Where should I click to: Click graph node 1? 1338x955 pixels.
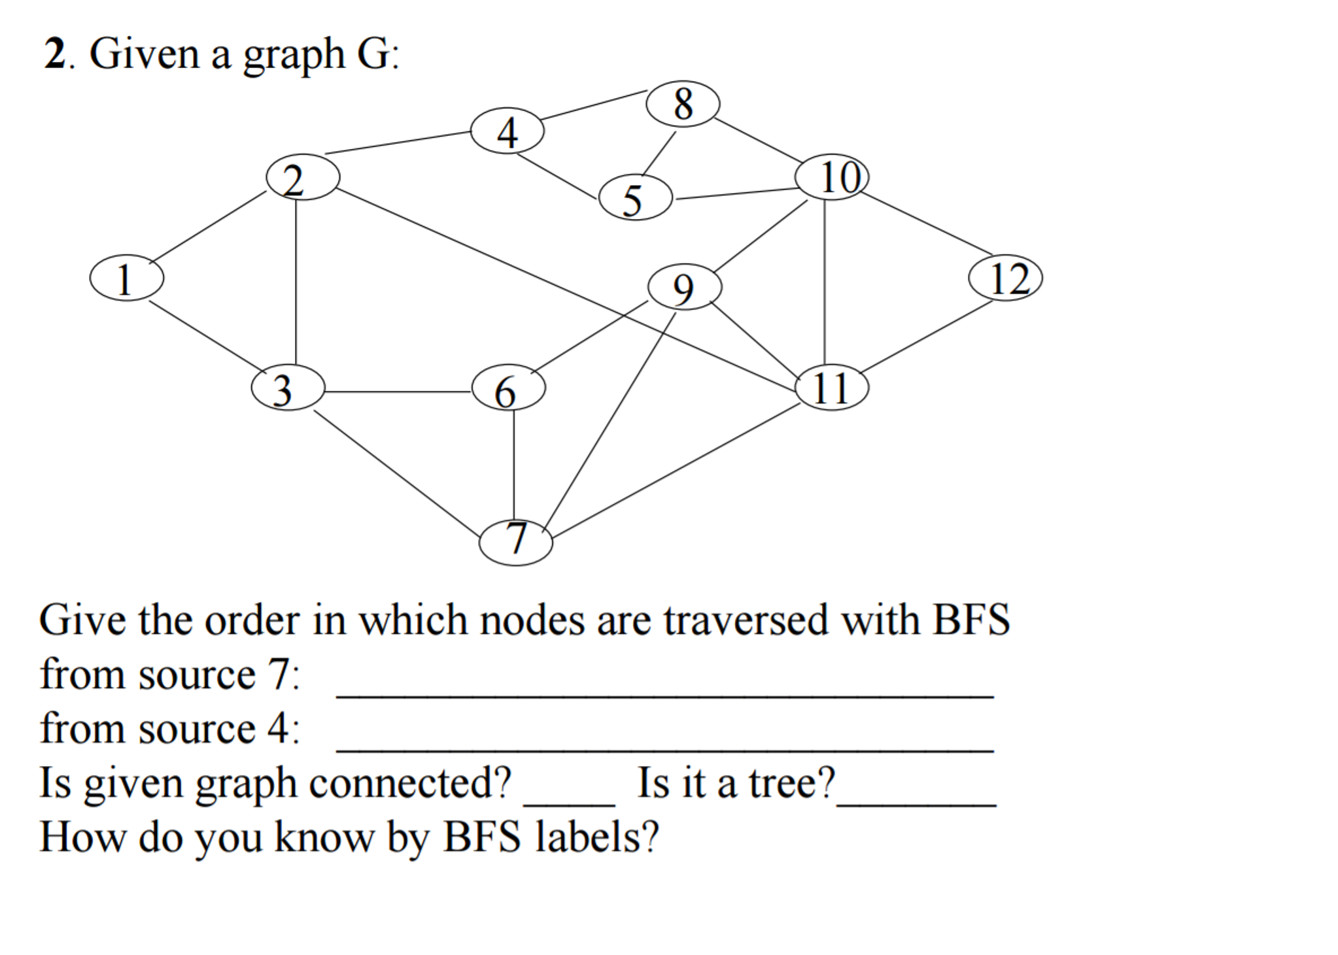pyautogui.click(x=126, y=278)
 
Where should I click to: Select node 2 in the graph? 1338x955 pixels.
pyautogui.click(x=303, y=177)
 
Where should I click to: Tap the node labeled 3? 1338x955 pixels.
pyautogui.click(x=288, y=388)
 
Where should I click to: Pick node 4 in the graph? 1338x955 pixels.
pyautogui.click(x=507, y=131)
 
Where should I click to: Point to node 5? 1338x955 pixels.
pyautogui.click(x=635, y=197)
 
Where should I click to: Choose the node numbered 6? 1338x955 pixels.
pyautogui.click(x=508, y=388)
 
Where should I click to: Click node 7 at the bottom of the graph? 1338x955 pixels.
pyautogui.click(x=515, y=543)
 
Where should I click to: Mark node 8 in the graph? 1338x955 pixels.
pyautogui.click(x=683, y=103)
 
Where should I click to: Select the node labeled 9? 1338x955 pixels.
pyautogui.click(x=685, y=286)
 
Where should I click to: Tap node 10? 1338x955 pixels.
pyautogui.click(x=831, y=177)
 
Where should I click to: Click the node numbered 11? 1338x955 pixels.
pyautogui.click(x=831, y=387)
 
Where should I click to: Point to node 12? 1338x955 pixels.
pyautogui.click(x=1005, y=278)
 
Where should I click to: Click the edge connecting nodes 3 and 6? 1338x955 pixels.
pyautogui.click(x=398, y=392)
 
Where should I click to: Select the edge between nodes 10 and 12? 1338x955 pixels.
pyautogui.click(x=928, y=224)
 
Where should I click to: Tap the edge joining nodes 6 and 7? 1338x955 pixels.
pyautogui.click(x=513, y=465)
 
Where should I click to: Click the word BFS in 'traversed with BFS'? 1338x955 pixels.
pyautogui.click(x=971, y=619)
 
